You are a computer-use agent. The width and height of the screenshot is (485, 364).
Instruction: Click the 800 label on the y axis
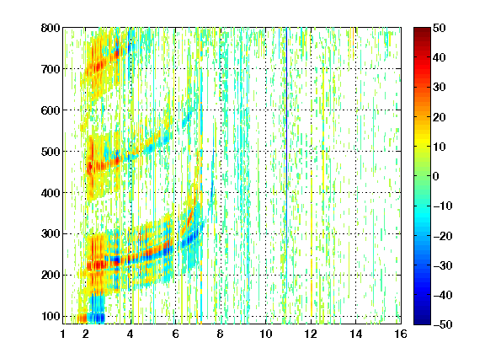tap(51, 28)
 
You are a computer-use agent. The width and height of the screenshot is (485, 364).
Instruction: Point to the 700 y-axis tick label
tap(51, 69)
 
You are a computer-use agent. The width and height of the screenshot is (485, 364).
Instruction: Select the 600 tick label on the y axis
tap(51, 110)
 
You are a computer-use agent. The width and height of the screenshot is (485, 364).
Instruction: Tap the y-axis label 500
tap(51, 152)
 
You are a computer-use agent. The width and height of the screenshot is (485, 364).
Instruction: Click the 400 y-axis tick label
tap(51, 193)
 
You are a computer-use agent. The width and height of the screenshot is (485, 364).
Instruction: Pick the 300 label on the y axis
tap(51, 234)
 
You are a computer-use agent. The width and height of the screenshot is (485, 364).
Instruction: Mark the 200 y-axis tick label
tap(51, 276)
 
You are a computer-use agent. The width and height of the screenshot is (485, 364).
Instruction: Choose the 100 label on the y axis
tap(51, 316)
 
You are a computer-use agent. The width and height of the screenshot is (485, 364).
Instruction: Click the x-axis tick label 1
tap(63, 334)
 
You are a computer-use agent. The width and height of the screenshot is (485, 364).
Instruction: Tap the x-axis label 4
tap(131, 334)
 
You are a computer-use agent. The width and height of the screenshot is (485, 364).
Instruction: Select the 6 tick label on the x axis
tap(175, 334)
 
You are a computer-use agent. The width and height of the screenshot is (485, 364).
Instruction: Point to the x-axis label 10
tap(266, 334)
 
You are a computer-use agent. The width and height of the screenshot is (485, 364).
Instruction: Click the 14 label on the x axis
tap(356, 334)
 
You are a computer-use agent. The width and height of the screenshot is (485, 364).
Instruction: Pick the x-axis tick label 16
tap(401, 334)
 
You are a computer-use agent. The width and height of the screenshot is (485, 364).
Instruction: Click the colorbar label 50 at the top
tap(439, 28)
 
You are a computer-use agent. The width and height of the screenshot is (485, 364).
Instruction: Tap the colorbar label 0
tap(436, 176)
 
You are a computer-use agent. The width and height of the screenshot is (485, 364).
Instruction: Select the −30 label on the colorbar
tap(443, 265)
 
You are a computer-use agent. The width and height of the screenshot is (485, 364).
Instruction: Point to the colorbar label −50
tap(443, 324)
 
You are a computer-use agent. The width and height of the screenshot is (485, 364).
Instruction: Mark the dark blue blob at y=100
tap(97, 318)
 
